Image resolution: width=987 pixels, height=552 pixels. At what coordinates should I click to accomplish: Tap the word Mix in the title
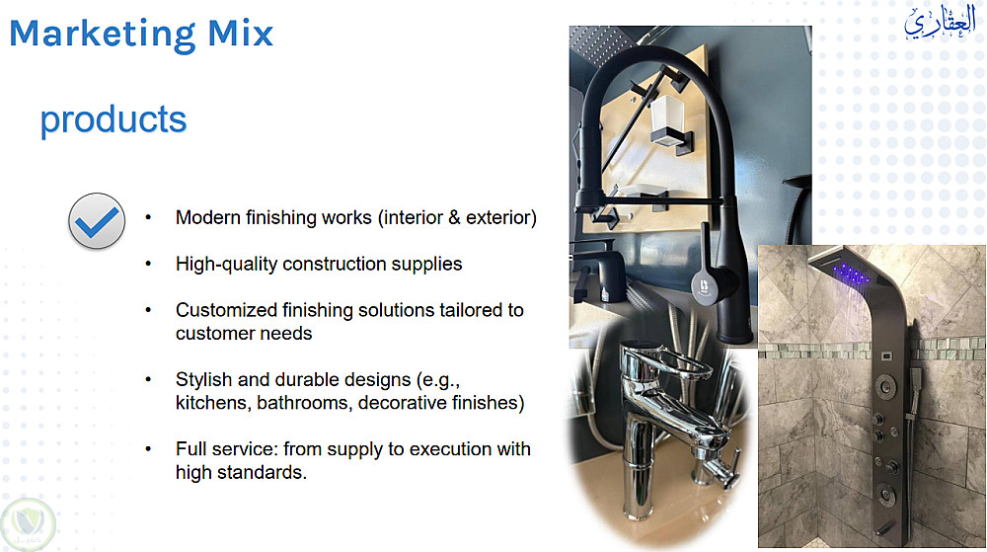(x=241, y=33)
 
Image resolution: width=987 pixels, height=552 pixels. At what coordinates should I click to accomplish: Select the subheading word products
(x=114, y=119)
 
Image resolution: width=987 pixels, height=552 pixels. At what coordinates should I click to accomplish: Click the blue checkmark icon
(x=97, y=221)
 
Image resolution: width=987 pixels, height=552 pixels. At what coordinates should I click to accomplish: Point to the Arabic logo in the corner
(x=940, y=23)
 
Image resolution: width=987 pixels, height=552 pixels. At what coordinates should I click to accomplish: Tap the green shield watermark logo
(x=28, y=524)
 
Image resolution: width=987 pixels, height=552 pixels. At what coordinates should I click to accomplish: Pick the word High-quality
(x=227, y=265)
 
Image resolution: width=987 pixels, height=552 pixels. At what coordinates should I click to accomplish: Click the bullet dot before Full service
(x=149, y=449)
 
